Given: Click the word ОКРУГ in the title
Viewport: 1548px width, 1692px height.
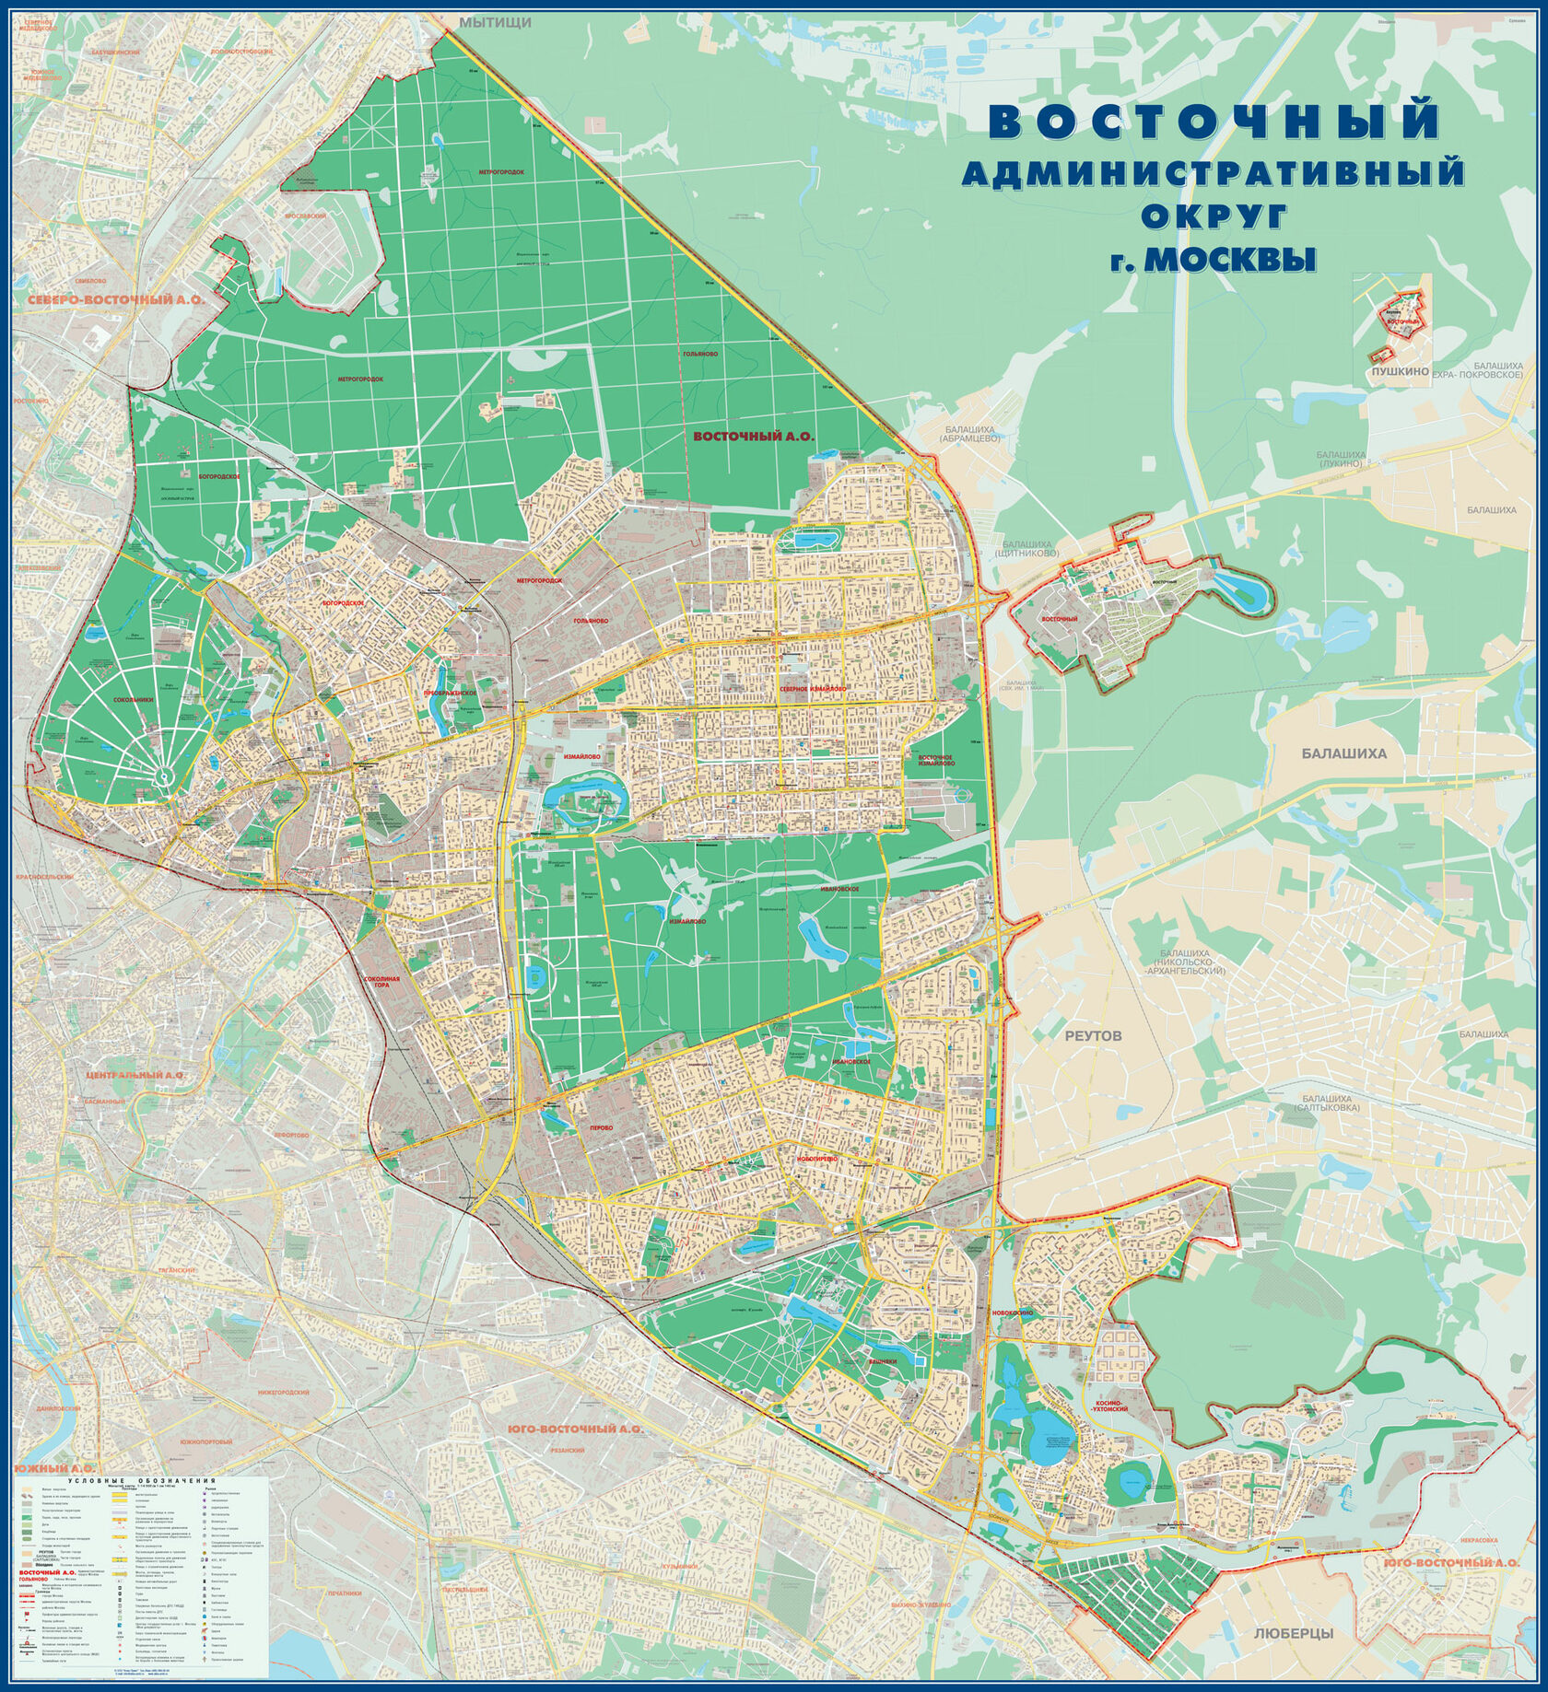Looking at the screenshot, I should pos(1213,215).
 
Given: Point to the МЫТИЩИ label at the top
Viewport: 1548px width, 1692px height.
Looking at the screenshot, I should pos(496,22).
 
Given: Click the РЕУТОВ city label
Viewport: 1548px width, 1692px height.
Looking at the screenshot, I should pos(1094,1035).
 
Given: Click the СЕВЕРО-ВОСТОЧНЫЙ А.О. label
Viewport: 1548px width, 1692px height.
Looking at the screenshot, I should pos(114,300).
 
